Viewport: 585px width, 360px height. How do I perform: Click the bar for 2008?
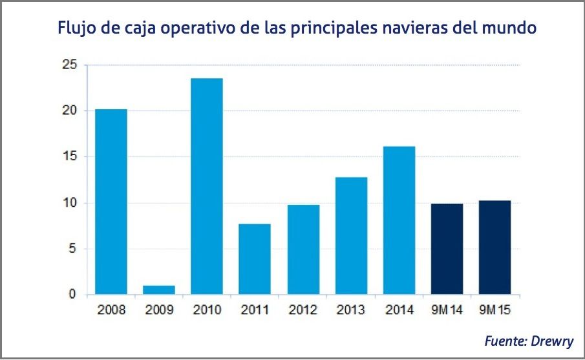pyautogui.click(x=111, y=202)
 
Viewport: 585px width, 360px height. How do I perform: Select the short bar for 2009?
pyautogui.click(x=158, y=290)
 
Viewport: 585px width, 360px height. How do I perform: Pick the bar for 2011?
pyautogui.click(x=255, y=259)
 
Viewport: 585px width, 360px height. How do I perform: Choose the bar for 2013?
pyautogui.click(x=351, y=236)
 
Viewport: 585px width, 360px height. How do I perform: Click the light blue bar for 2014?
pyautogui.click(x=399, y=220)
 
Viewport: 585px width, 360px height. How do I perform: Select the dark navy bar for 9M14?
pyautogui.click(x=447, y=249)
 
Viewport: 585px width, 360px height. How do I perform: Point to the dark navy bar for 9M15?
pyautogui.click(x=495, y=248)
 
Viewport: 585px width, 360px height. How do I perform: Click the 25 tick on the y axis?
pyautogui.click(x=69, y=65)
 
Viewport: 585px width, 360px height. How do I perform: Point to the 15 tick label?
pyautogui.click(x=69, y=156)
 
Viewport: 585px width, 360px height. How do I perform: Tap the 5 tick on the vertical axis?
pyautogui.click(x=72, y=249)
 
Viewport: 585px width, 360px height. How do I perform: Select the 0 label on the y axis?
pyautogui.click(x=72, y=295)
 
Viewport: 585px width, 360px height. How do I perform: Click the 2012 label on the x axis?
pyautogui.click(x=303, y=310)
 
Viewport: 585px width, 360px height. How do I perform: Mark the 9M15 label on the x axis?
pyautogui.click(x=495, y=310)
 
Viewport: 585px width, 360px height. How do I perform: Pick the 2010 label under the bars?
pyautogui.click(x=207, y=310)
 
